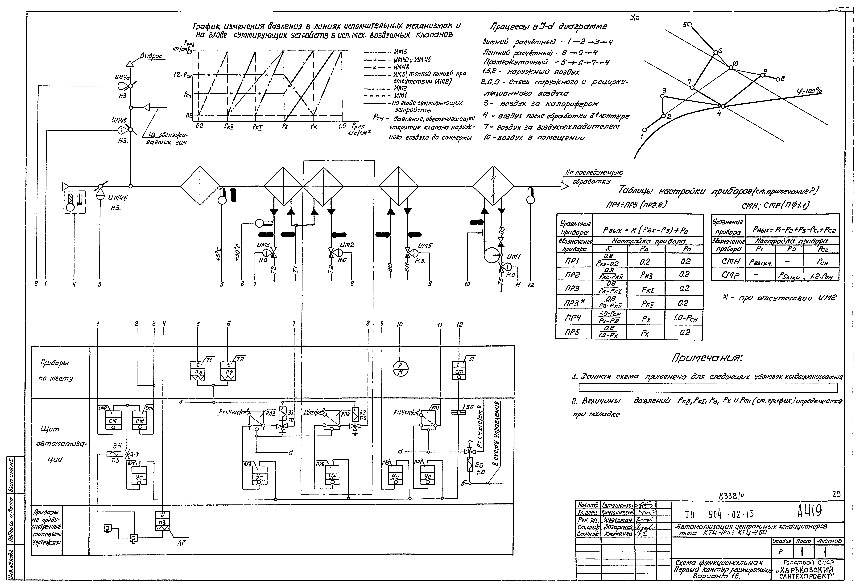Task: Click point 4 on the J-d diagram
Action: coord(722,107)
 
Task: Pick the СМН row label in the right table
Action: coord(726,261)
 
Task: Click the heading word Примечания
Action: coord(707,358)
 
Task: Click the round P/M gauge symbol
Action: coord(400,368)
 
